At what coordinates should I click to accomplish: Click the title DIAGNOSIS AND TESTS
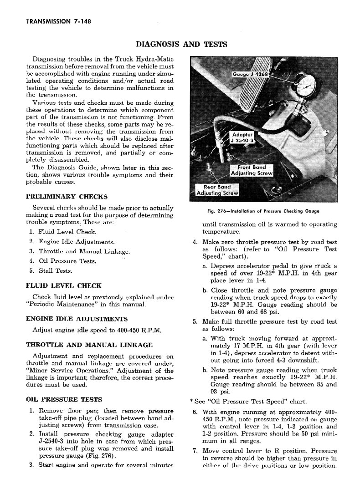point(182,44)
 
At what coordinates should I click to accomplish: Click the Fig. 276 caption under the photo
point(263,211)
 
